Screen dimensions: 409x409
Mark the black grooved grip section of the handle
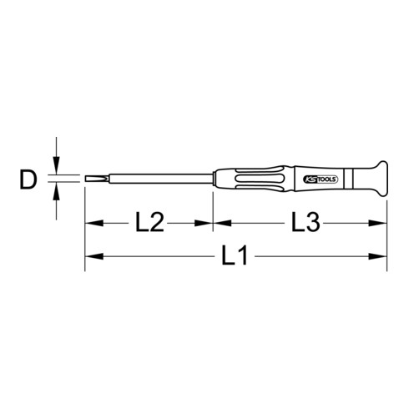[x=259, y=178]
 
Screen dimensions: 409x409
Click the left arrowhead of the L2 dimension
[x=90, y=223]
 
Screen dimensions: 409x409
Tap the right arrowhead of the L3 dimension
[x=383, y=223]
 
